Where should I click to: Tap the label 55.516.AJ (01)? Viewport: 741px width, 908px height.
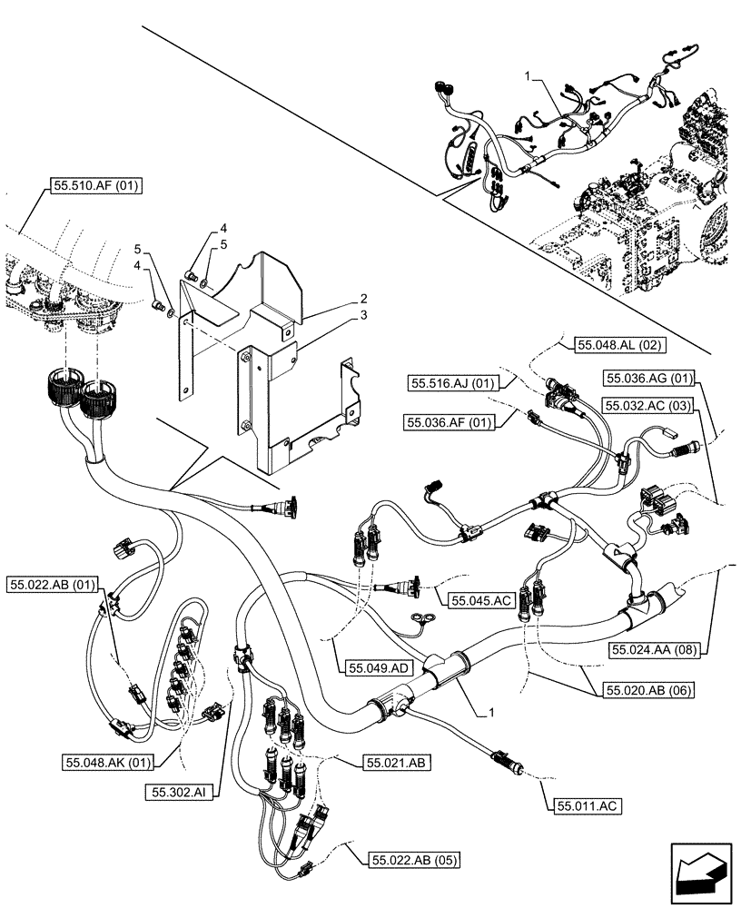(452, 384)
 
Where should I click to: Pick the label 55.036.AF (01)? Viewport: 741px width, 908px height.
(450, 422)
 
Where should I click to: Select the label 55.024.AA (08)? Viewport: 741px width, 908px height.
(658, 649)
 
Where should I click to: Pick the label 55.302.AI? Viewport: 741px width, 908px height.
(177, 792)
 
